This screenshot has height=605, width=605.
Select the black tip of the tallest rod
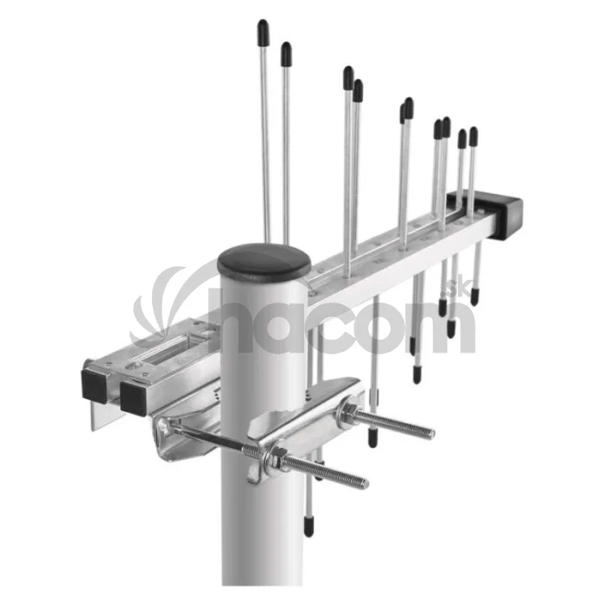coord(263,33)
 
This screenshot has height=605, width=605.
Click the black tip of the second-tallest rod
coord(286,54)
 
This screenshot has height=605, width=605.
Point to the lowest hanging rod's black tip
coord(309,526)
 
